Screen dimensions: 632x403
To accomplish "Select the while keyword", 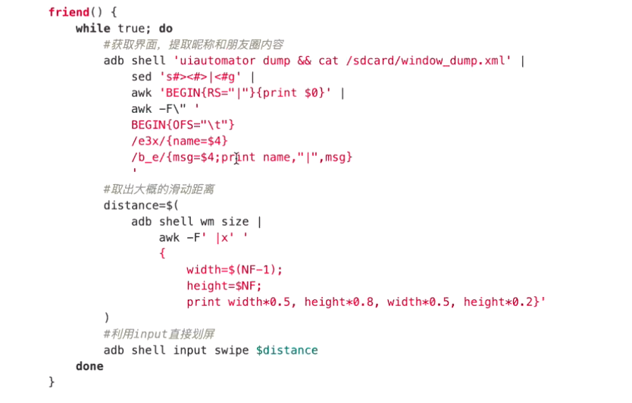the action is coord(92,29).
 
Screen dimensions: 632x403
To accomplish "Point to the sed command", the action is coord(141,77).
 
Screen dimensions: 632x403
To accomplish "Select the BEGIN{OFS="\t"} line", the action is coord(183,125).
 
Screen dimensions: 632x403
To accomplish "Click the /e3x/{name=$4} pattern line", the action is coord(180,141).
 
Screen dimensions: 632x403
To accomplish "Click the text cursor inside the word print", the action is coord(236,158).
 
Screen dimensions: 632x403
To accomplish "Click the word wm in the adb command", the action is coord(207,221).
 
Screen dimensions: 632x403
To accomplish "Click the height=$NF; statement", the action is coord(225,286).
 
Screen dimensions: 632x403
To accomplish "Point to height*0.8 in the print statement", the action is coord(339,301).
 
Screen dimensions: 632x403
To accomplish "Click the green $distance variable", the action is coord(287,350).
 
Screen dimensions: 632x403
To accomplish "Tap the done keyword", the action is coord(89,366).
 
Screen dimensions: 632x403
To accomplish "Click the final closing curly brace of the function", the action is coord(52,382).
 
